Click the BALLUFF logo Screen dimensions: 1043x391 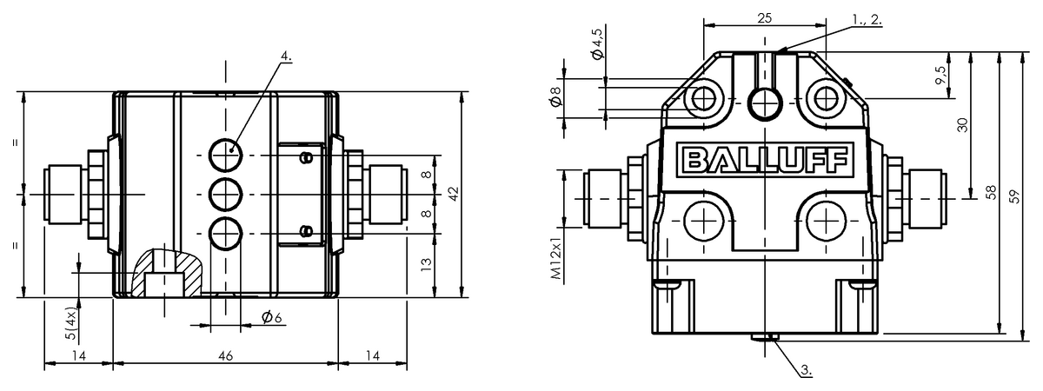pyautogui.click(x=766, y=160)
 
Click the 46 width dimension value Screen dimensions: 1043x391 pyautogui.click(x=225, y=356)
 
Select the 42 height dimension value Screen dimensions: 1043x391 pyautogui.click(x=453, y=194)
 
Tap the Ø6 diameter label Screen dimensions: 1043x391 pyautogui.click(x=271, y=317)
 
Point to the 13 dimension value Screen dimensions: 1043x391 pyautogui.click(x=426, y=264)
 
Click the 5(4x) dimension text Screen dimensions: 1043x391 pyautogui.click(x=71, y=323)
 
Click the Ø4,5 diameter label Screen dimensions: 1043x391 pyautogui.click(x=597, y=44)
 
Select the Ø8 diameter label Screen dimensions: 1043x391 pyautogui.click(x=556, y=96)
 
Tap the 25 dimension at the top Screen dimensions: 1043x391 pyautogui.click(x=765, y=18)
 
